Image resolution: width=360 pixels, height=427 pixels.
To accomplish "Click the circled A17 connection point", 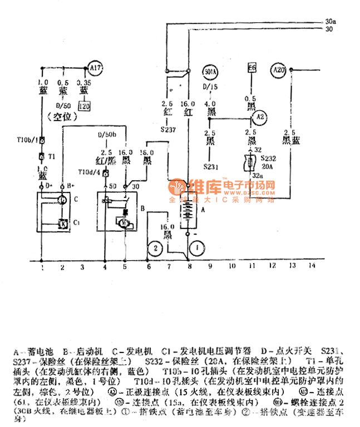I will [95, 69].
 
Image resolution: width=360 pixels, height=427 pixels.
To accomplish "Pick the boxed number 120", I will [84, 106].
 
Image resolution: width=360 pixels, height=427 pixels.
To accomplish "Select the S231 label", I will [210, 166].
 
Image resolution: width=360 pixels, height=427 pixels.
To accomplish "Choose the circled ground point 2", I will [156, 248].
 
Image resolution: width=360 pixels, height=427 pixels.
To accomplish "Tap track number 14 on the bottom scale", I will [312, 267].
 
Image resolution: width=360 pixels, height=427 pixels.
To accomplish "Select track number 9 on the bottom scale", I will [210, 267].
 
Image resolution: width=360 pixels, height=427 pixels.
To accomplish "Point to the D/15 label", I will [210, 88].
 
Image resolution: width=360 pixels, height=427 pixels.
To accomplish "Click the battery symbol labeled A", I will [188, 210].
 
